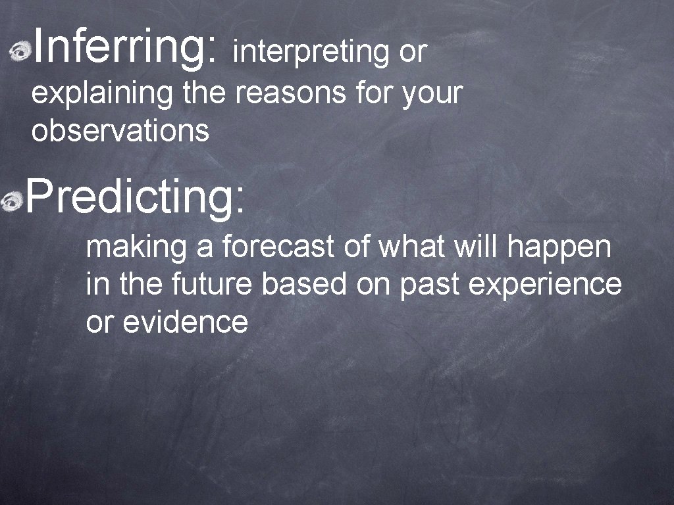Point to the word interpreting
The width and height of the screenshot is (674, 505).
click(311, 53)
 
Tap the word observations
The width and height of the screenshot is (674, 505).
click(120, 131)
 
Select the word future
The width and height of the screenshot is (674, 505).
click(213, 285)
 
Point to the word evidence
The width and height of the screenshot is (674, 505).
click(185, 322)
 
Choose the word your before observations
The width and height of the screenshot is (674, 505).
click(432, 95)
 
